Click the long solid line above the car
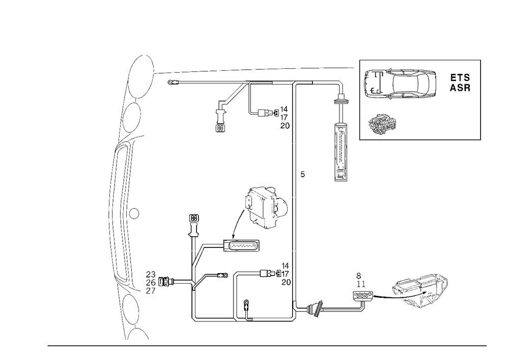tap(420, 59)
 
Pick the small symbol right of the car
tap(460, 81)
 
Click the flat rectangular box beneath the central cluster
tap(242, 246)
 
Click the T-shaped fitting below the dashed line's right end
tap(341, 102)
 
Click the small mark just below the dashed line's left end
tap(174, 82)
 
